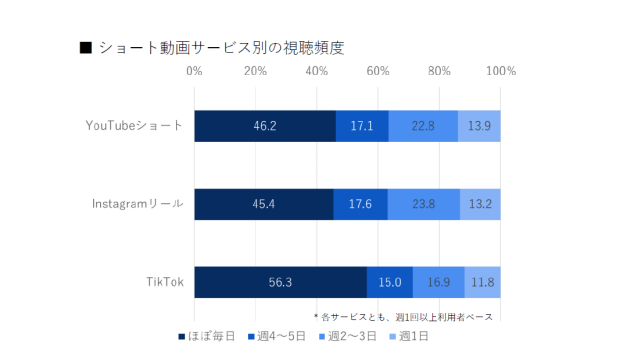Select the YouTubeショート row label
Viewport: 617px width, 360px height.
135,126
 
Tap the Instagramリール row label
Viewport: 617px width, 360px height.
137,204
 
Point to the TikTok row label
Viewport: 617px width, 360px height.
162,282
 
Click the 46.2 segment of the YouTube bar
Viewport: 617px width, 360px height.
265,126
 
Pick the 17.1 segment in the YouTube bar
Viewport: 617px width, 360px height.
362,126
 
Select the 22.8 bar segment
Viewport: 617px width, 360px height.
423,126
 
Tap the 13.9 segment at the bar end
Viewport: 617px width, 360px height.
479,126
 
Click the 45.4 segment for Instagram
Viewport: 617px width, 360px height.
264,204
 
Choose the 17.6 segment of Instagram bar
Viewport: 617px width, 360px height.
360,204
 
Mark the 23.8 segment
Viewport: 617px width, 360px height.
423,204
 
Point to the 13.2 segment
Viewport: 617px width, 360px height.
480,204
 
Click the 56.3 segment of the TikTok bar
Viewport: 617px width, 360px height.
280,282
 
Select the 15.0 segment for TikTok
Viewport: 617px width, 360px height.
390,282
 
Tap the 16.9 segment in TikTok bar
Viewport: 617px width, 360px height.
439,282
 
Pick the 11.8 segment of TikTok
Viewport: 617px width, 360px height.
483,282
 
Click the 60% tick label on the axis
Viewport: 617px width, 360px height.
378,71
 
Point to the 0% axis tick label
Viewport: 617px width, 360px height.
195,71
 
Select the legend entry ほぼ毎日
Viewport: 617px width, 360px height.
206,335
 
